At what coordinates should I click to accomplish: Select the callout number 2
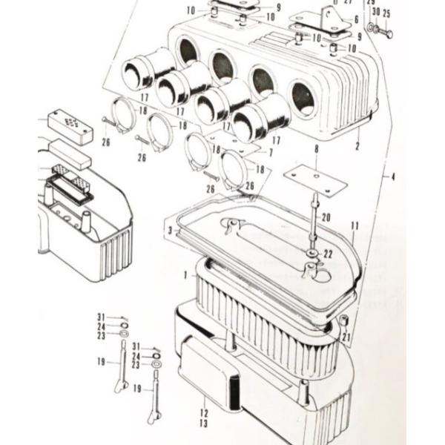357,146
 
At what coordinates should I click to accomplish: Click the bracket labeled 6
326,22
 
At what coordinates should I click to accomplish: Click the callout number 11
355,225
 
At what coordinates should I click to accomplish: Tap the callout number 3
170,231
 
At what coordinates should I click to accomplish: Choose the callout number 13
202,423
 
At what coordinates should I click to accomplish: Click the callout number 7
271,152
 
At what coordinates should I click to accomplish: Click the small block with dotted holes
70,125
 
